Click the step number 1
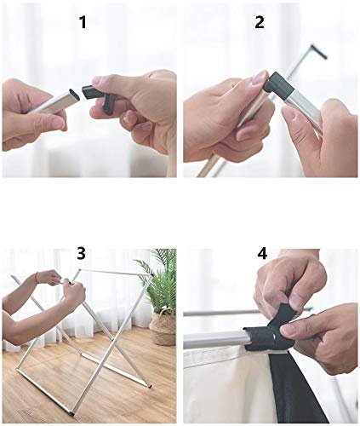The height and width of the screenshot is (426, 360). (x=83, y=22)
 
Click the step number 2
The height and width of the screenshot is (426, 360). (x=260, y=22)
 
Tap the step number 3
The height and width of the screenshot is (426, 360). (x=81, y=253)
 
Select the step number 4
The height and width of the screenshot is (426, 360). (x=262, y=253)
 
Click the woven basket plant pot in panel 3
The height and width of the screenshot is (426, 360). (x=163, y=326)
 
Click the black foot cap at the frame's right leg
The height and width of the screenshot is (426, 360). (x=151, y=386)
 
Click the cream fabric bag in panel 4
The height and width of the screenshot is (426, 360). (x=227, y=386)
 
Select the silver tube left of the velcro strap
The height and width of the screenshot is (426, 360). (x=214, y=340)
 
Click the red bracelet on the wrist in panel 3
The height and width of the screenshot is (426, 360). (x=37, y=277)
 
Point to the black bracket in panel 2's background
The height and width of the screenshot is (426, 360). (x=318, y=52)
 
